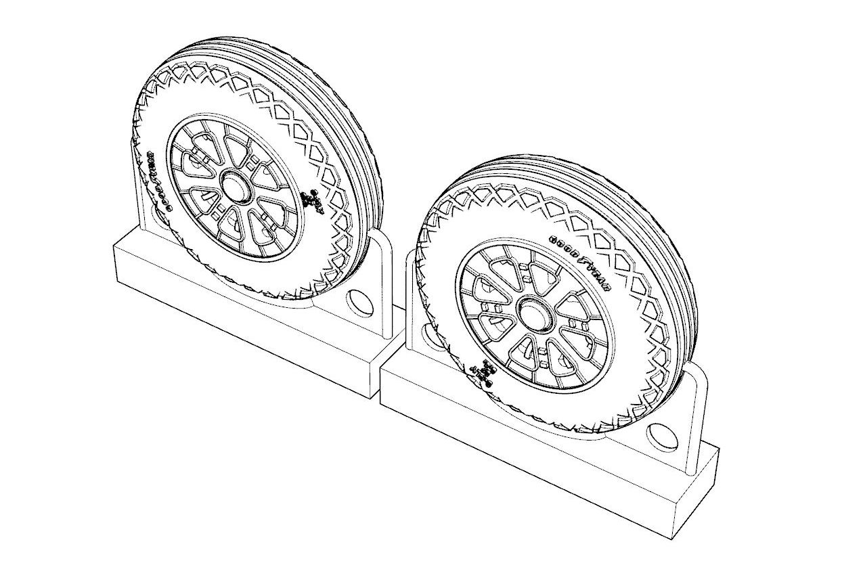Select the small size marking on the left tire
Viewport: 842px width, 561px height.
pyautogui.click(x=312, y=200)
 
